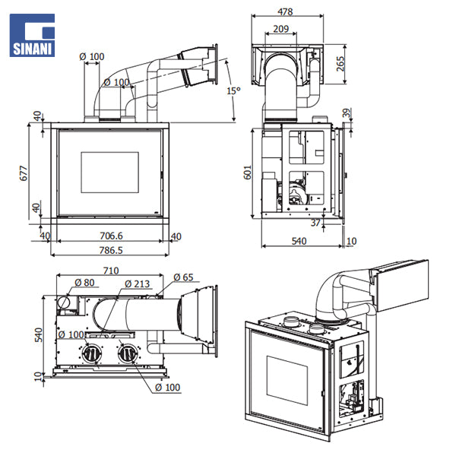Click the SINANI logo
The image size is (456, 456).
click(x=31, y=36)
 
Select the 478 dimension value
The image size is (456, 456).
click(x=285, y=11)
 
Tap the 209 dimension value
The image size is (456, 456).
click(x=280, y=29)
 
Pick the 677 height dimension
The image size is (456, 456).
click(x=24, y=173)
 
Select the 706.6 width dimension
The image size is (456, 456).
click(x=110, y=236)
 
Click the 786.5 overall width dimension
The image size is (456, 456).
click(x=110, y=249)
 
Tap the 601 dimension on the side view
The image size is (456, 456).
click(x=248, y=173)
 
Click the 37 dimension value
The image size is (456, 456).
click(x=315, y=223)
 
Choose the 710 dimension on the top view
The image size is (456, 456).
click(x=110, y=271)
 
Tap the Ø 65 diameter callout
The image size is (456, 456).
click(x=184, y=277)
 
